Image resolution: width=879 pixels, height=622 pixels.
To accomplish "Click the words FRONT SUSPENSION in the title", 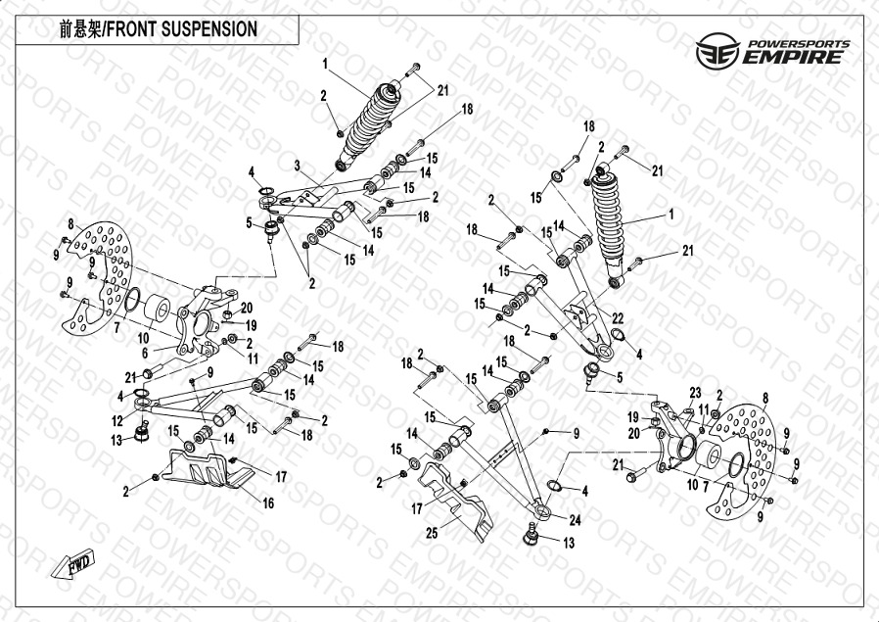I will [185, 29].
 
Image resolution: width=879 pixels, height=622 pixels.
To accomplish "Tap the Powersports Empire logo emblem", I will [715, 51].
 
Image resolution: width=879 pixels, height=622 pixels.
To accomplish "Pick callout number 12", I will [117, 420].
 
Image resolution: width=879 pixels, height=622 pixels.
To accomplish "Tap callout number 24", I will [576, 521].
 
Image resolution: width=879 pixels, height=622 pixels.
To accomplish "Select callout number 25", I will [432, 535].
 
